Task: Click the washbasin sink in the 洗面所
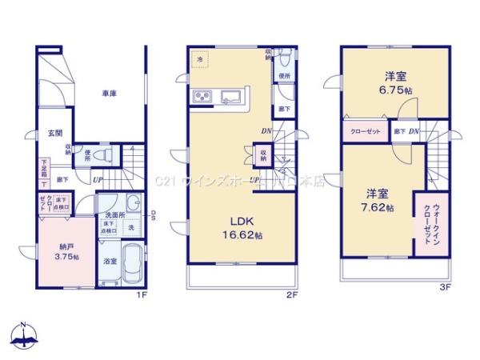[x=134, y=204]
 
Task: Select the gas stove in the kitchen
[x=202, y=98]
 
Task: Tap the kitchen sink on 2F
[x=234, y=98]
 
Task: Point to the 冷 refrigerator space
[x=198, y=59]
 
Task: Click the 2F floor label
[x=293, y=295]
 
